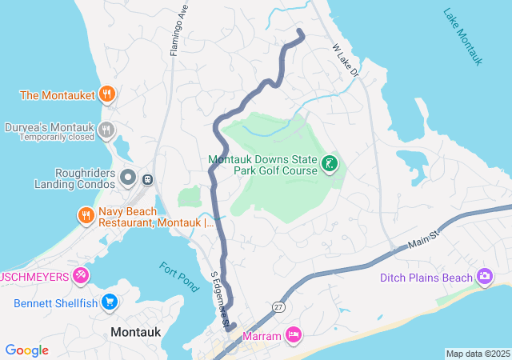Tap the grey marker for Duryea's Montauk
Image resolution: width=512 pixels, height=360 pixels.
tap(106, 130)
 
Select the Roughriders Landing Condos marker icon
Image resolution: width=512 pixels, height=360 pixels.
tap(128, 177)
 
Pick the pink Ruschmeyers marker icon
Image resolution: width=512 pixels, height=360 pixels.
tap(80, 276)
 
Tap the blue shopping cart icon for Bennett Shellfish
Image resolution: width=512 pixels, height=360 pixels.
tap(110, 303)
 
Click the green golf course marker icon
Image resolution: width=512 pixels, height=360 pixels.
tap(328, 165)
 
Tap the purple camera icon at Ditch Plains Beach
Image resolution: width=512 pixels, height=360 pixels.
tap(484, 278)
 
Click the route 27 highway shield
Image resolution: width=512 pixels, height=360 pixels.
tap(278, 306)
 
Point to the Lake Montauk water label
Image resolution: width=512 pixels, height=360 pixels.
tap(463, 37)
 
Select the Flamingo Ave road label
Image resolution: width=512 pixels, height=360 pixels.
tap(178, 34)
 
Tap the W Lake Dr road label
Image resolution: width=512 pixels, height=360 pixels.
tap(347, 59)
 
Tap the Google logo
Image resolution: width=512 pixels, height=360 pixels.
tap(27, 350)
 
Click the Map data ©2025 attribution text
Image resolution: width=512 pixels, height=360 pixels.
tap(478, 354)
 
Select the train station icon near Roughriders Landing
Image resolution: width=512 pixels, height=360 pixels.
tap(147, 178)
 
